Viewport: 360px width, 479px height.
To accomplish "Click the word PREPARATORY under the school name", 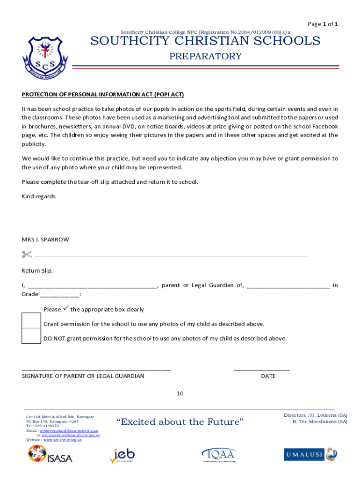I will pos(205,57).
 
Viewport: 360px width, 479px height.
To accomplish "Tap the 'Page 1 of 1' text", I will pos(323,24).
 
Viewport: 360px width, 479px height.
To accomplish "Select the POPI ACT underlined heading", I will pos(103,94).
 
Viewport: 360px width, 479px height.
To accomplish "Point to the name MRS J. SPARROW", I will pos(45,239).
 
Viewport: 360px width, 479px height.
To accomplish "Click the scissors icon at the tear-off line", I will pos(26,255).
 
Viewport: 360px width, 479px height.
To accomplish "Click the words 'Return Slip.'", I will pos(37,270).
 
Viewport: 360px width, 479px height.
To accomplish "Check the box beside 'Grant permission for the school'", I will pos(31,320).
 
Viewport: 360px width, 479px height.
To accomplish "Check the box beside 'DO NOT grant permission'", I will pos(31,336).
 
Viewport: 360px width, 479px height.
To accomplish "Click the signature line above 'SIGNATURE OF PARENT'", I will pos(96,370).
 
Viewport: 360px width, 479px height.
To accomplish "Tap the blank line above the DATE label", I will pos(261,370).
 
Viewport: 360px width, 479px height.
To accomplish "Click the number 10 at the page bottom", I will pos(180,393).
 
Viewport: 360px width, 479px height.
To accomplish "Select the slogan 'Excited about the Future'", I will pos(180,422).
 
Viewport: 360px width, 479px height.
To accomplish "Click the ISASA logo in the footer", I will pos(50,454).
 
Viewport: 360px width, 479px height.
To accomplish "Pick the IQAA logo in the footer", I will pos(219,455).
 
